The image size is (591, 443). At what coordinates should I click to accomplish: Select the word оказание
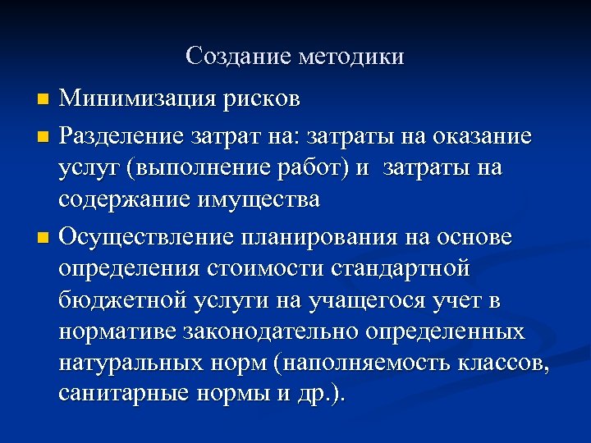[x=483, y=134]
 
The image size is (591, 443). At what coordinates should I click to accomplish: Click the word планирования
[x=318, y=237]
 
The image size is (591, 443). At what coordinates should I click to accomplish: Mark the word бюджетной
[x=124, y=302]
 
